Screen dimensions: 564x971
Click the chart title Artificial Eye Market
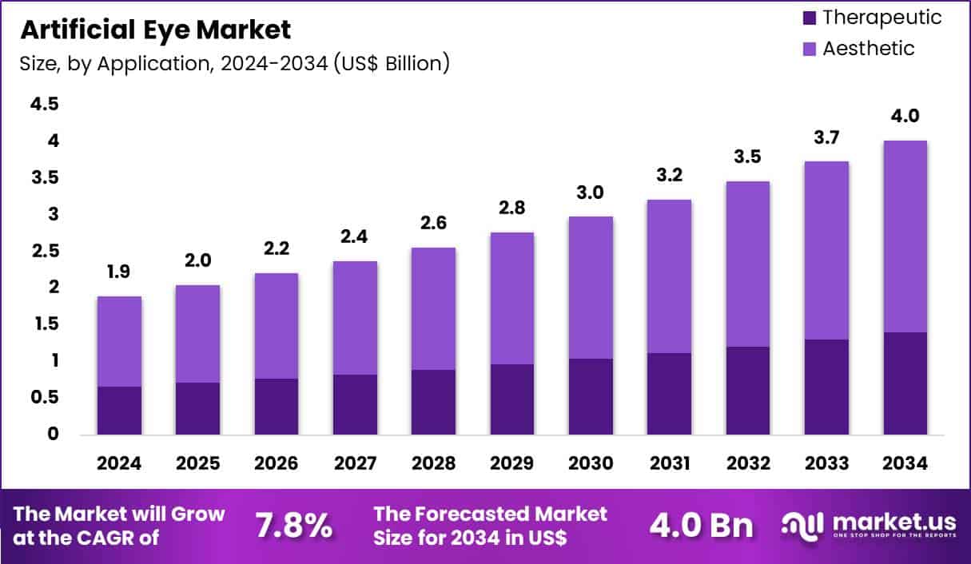pos(156,30)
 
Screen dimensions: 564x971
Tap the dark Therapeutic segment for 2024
pos(119,411)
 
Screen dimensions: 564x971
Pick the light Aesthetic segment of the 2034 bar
pos(905,236)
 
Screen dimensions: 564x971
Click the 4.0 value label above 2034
pos(905,116)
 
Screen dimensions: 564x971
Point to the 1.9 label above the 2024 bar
pos(119,272)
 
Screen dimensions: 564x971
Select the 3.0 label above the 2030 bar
pos(591,193)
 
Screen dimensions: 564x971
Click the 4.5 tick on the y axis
pos(45,104)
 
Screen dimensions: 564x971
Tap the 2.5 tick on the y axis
pos(45,251)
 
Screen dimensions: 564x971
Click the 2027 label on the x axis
pos(355,464)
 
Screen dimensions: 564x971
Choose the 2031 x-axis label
pos(670,464)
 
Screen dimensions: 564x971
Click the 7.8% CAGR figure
pos(293,526)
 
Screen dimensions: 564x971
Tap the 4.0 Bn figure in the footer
pos(700,526)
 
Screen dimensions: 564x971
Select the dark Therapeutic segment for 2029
pos(512,399)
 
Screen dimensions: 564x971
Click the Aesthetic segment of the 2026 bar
pos(277,326)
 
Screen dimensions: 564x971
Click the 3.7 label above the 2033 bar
pos(827,137)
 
